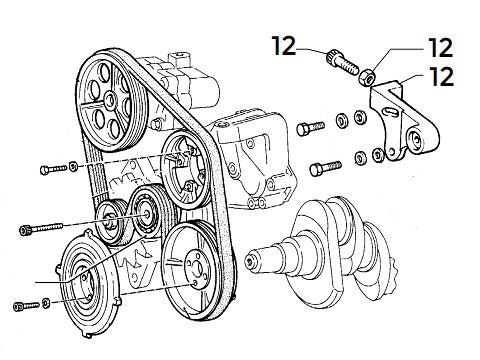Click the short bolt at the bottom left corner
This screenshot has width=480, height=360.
click(24, 306)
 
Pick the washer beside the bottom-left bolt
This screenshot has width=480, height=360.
click(49, 301)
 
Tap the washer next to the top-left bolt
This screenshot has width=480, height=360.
click(74, 164)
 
